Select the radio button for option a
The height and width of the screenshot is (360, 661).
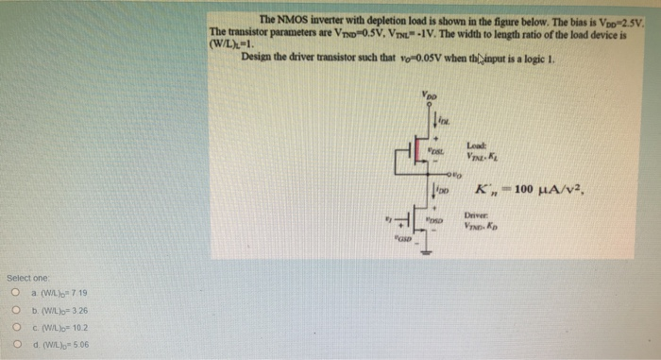click(15, 292)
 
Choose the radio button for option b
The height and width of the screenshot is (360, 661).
click(15, 309)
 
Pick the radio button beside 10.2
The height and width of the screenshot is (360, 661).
click(15, 326)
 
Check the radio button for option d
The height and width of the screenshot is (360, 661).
click(15, 343)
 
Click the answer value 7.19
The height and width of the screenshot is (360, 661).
click(76, 292)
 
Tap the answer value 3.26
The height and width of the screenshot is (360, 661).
click(76, 309)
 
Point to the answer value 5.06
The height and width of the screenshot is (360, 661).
click(76, 343)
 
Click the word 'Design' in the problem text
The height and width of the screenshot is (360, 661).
click(258, 56)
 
